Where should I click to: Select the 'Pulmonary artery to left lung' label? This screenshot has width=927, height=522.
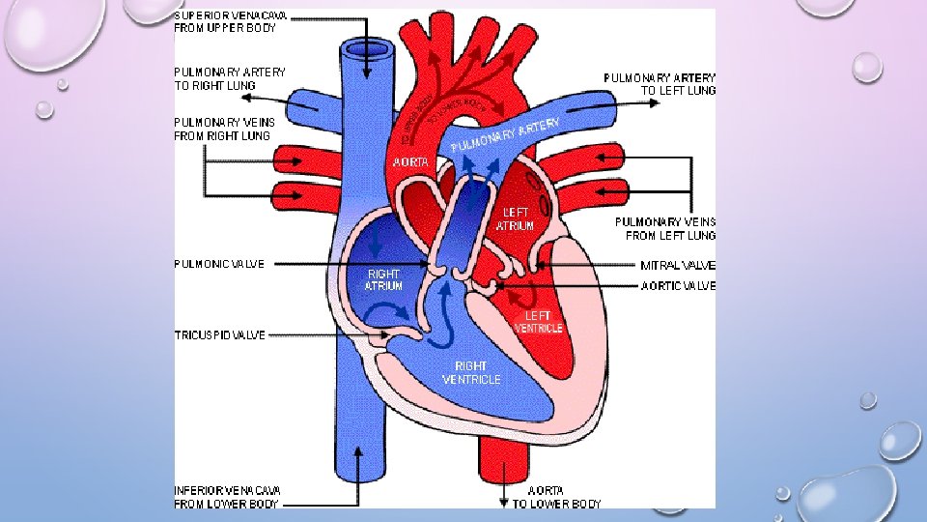coord(660,84)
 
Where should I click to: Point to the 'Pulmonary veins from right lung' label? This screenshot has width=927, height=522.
coord(224,130)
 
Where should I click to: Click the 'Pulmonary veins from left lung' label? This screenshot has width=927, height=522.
coord(665,228)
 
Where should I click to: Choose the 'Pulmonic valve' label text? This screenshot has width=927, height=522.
coord(219,264)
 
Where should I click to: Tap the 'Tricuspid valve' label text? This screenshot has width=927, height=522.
coord(219,335)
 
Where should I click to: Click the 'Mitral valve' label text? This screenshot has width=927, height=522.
coord(678,265)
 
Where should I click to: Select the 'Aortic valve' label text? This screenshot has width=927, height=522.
coord(679,286)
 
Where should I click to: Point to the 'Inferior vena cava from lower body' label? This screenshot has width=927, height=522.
coord(228,497)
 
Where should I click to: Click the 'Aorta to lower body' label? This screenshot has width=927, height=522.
coord(556,497)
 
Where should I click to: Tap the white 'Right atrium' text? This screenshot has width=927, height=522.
coord(383,279)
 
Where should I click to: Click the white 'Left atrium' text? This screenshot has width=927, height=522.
coord(515,218)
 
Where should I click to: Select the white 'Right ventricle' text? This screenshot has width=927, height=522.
coord(471,373)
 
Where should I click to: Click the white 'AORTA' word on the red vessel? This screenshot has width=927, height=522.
coord(410,162)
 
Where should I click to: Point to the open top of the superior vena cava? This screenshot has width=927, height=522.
coord(359,48)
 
